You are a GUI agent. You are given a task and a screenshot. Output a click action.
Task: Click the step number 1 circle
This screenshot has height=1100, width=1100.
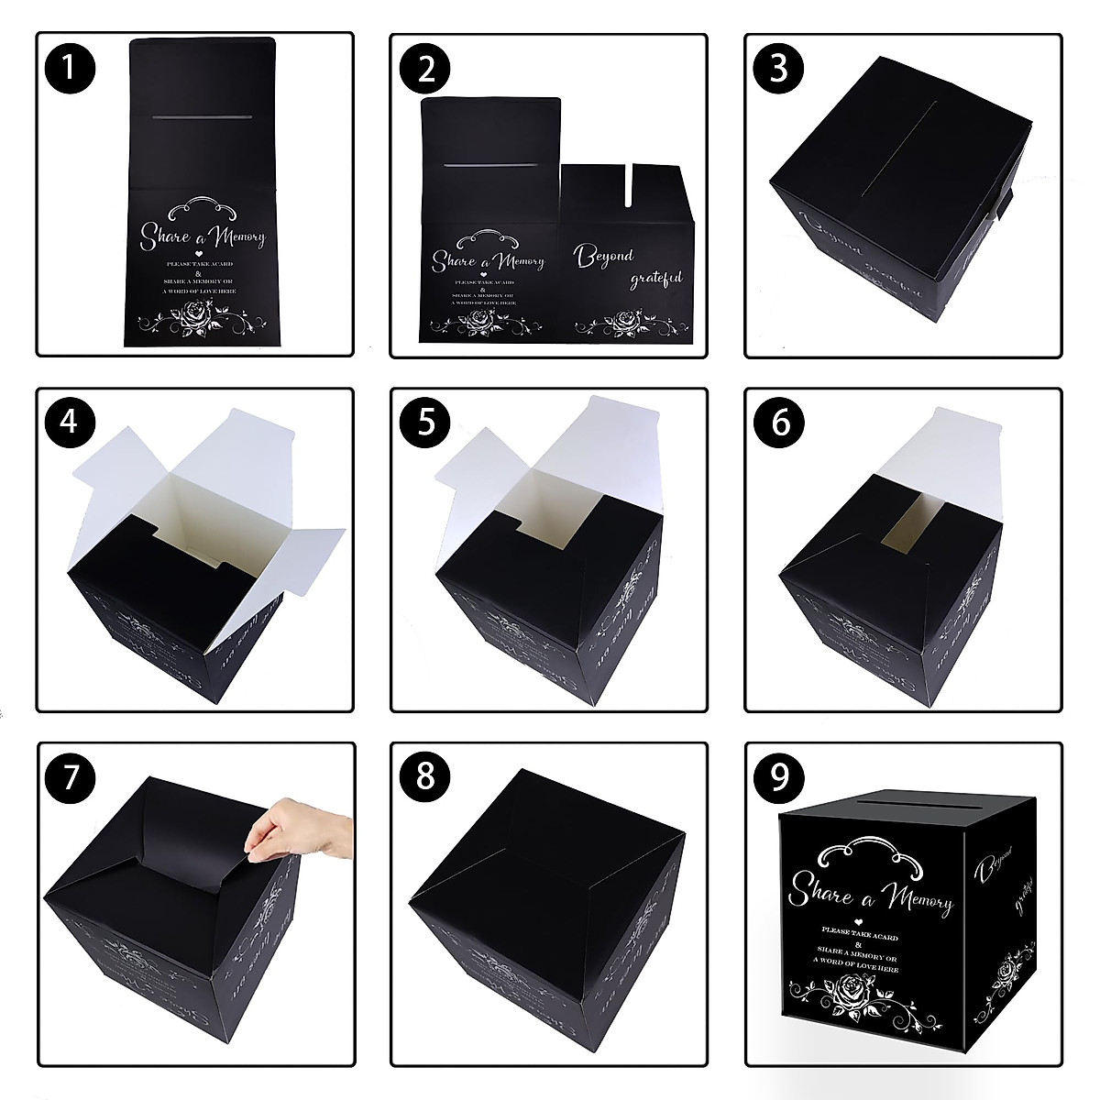[71, 70]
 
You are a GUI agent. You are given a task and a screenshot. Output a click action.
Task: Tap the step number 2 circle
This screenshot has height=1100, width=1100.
[425, 70]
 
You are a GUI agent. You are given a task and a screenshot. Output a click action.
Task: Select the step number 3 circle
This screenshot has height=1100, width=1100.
[779, 70]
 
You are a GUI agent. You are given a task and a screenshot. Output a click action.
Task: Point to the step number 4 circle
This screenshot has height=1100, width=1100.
[71, 423]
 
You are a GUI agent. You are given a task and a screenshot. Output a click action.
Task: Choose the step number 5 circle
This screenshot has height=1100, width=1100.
[425, 423]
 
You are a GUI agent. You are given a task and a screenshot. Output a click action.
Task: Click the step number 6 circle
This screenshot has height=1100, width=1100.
[779, 423]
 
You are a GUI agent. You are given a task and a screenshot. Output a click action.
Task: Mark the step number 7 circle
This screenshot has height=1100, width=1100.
[71, 777]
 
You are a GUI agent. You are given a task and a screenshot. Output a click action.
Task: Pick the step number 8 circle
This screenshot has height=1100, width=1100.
[425, 777]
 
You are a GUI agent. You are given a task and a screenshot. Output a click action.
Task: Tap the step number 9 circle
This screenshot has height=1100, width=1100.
[779, 777]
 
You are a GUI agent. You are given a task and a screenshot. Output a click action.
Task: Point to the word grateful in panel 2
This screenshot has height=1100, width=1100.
[655, 278]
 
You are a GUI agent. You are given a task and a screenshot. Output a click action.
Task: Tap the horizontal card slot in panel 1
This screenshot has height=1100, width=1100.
[201, 117]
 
